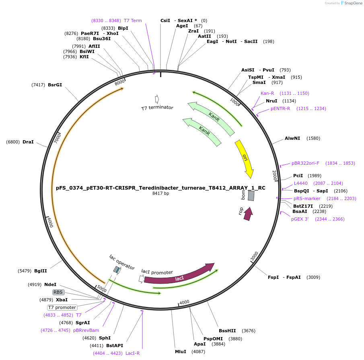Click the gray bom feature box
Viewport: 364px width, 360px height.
[251, 196]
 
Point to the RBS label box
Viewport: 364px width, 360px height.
[58, 292]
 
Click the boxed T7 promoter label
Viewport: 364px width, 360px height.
[62, 307]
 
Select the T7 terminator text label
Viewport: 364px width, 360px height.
[157, 108]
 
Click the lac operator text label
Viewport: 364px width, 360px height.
[122, 262]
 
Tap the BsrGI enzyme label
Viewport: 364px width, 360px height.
[55, 85]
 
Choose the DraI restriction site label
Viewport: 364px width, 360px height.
[28, 142]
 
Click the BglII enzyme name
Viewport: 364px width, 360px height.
[41, 271]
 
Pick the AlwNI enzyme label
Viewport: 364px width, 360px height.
[292, 138]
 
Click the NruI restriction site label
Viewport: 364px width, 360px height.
[271, 101]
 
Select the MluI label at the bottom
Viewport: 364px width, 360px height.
[181, 352]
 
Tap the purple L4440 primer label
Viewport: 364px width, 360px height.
[300, 183]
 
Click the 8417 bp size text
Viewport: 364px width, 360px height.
[160, 193]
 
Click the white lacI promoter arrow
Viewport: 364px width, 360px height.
[141, 278]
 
